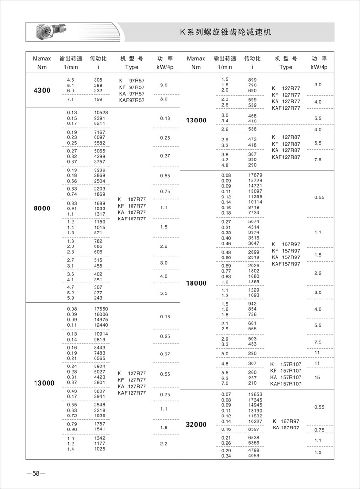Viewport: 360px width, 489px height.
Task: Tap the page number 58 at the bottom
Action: (36, 474)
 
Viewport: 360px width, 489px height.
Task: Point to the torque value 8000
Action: (42, 208)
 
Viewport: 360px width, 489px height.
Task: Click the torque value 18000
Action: (196, 283)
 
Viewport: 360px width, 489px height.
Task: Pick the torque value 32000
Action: (196, 425)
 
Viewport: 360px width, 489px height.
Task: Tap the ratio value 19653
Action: (255, 394)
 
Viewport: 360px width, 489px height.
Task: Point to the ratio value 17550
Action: (101, 309)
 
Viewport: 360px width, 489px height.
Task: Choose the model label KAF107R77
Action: (132, 219)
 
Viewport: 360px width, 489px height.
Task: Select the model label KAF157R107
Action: (286, 384)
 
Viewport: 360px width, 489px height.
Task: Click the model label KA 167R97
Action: (285, 428)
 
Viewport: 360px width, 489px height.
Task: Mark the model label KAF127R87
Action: (286, 157)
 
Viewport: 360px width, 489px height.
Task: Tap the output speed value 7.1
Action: (71, 99)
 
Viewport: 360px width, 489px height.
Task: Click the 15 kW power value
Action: (317, 378)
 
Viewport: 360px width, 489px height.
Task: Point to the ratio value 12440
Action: (101, 325)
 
